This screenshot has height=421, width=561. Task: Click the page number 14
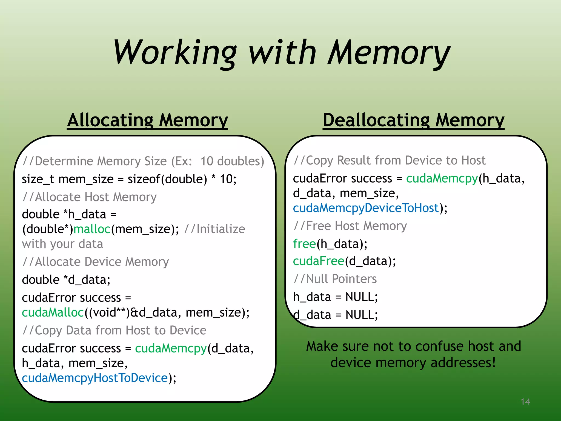(525, 402)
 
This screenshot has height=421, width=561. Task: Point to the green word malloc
(92, 229)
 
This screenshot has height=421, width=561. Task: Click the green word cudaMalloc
(53, 312)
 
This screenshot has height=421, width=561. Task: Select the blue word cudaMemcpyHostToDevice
(95, 378)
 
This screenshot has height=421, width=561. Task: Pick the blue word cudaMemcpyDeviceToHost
(366, 208)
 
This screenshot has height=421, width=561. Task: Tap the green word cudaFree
(318, 261)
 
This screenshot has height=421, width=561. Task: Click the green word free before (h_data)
(304, 244)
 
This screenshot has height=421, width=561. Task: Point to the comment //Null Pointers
(335, 279)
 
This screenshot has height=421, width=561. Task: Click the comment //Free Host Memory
(350, 226)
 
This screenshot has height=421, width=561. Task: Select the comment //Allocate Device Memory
(96, 262)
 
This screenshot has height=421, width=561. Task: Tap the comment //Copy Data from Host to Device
(114, 330)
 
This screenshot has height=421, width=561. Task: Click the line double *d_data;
(66, 280)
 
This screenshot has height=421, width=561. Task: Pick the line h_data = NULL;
(335, 297)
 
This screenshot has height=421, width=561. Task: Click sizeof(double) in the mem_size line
(167, 179)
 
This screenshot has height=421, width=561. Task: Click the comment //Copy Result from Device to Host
(390, 161)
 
